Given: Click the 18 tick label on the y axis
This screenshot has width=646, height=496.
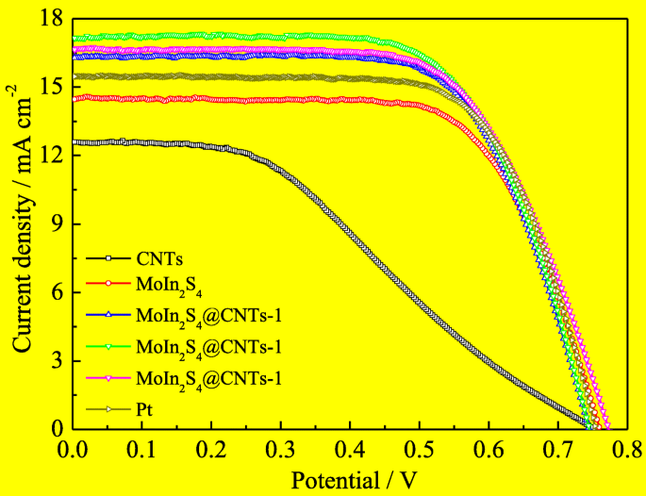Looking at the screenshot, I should tap(51, 19).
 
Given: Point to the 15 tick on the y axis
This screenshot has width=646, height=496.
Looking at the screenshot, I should tap(51, 87).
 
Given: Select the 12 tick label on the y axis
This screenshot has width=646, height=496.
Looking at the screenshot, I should tap(51, 156).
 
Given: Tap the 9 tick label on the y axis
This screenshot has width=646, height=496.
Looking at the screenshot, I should tap(56, 224).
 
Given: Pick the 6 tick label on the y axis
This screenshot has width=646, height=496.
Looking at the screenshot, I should tap(56, 292).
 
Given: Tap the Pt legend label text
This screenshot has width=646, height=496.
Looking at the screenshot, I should tap(144, 410).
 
